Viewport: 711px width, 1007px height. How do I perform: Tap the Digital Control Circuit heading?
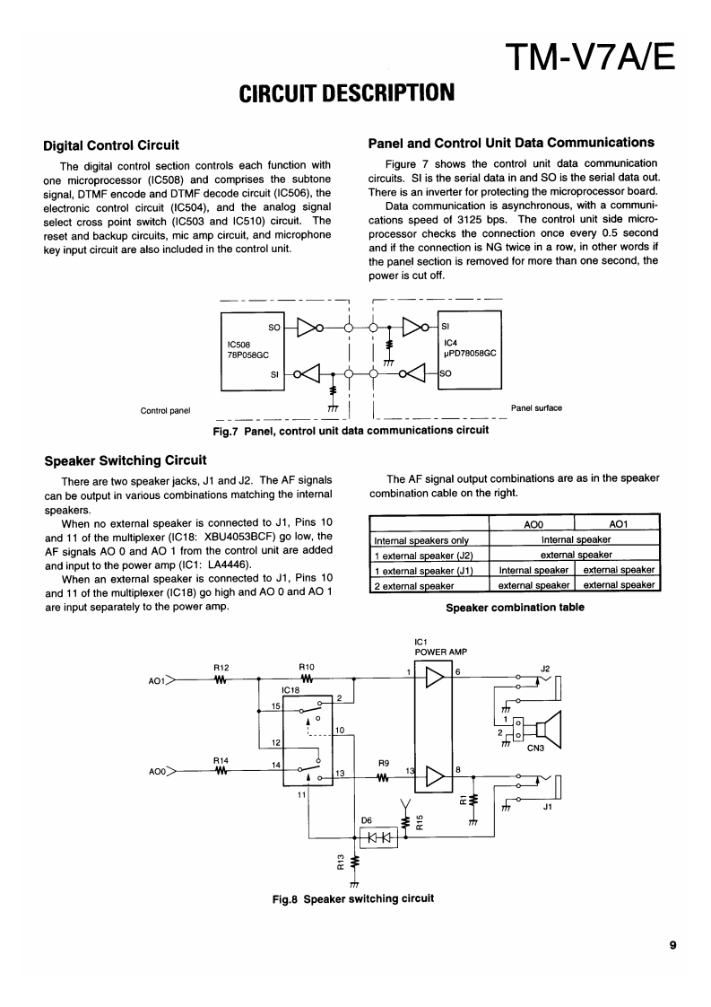click(111, 144)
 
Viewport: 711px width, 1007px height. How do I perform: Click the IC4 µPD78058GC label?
click(469, 347)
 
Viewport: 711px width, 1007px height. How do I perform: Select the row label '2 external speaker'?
click(414, 585)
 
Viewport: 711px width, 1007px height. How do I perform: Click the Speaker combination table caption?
click(515, 608)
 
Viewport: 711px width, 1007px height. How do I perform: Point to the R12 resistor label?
click(221, 667)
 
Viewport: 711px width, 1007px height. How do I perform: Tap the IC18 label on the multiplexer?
click(290, 690)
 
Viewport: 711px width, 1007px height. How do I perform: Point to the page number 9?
click(672, 943)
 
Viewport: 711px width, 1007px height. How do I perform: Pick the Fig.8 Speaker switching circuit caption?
click(353, 898)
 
